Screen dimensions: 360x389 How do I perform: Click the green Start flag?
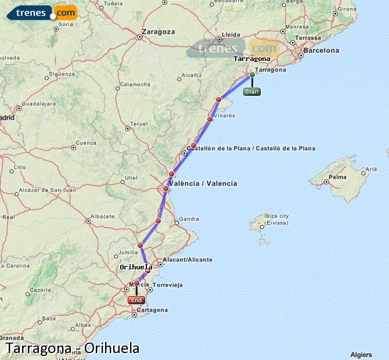(252, 92)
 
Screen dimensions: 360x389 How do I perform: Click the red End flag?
(136, 300)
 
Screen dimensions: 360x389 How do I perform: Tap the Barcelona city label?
(320, 51)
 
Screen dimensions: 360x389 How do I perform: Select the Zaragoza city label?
(158, 31)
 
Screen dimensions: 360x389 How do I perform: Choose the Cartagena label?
(153, 310)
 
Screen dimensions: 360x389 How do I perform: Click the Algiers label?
(361, 354)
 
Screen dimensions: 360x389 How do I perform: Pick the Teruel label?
(139, 124)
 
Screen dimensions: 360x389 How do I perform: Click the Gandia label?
(189, 219)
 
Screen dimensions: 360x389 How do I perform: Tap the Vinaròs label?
(225, 116)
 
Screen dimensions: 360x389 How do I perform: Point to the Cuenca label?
(86, 143)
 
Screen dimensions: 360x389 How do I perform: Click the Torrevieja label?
(168, 285)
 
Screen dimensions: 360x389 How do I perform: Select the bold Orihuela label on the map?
(136, 267)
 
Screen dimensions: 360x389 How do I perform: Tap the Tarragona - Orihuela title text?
(73, 348)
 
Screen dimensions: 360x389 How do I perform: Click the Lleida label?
(231, 34)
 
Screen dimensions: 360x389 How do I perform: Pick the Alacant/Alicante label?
(188, 260)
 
